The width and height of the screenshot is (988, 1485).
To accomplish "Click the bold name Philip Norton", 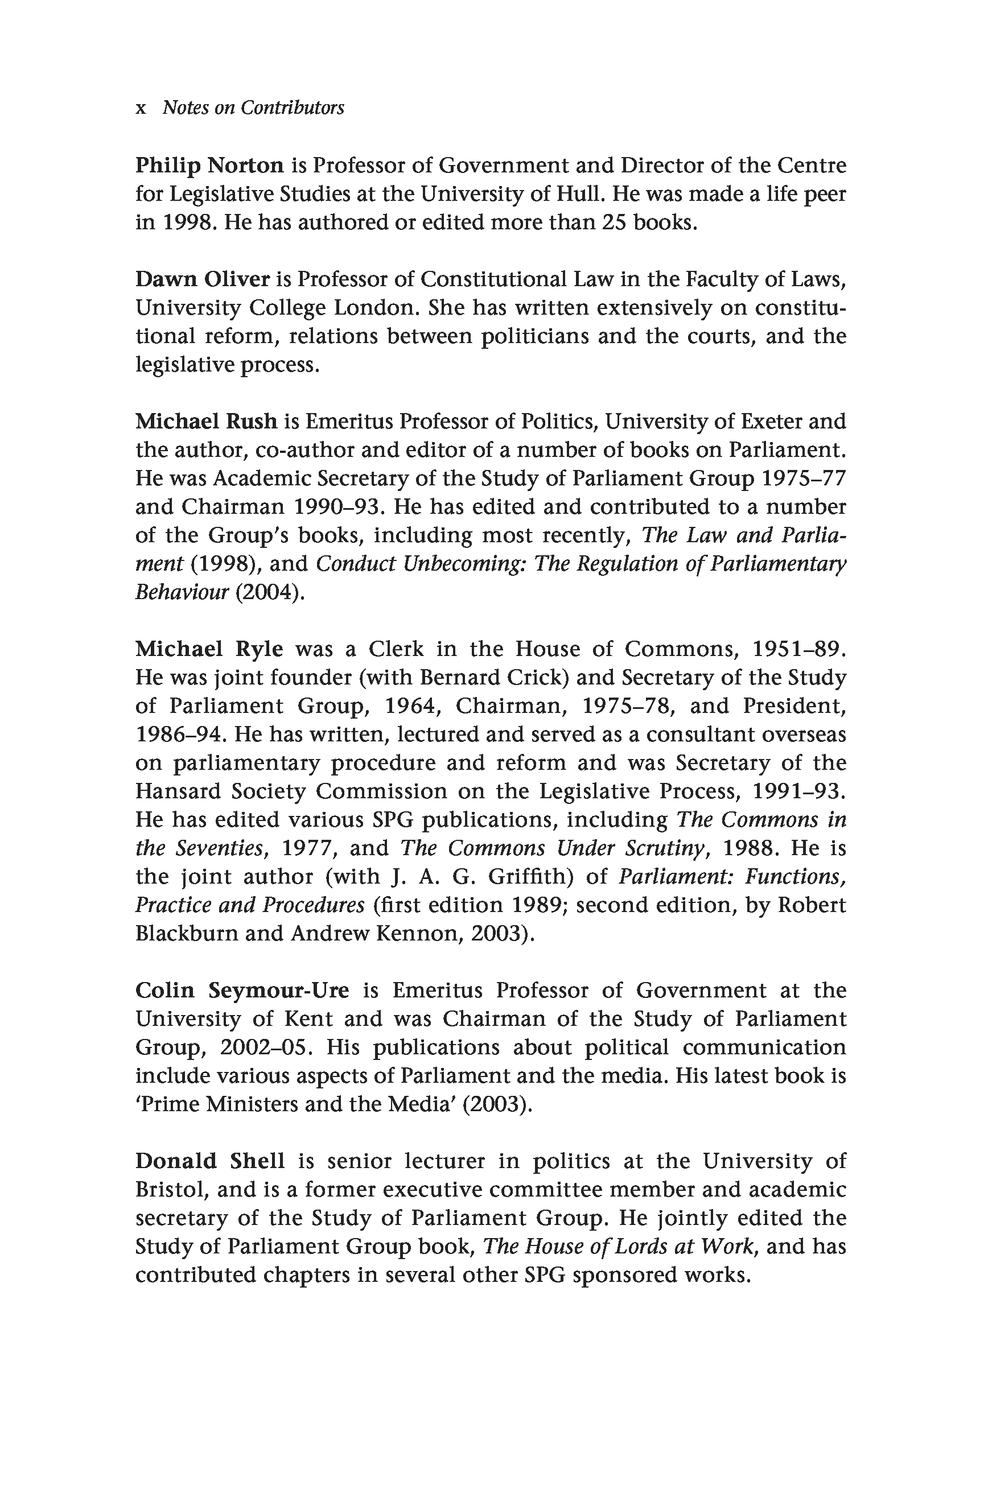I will (209, 166).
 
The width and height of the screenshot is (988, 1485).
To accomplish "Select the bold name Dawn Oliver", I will (202, 279).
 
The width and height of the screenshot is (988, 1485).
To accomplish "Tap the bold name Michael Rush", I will (206, 421).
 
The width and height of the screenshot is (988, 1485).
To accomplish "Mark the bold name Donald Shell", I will (210, 1161).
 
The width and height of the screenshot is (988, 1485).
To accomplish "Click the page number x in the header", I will (141, 108).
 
